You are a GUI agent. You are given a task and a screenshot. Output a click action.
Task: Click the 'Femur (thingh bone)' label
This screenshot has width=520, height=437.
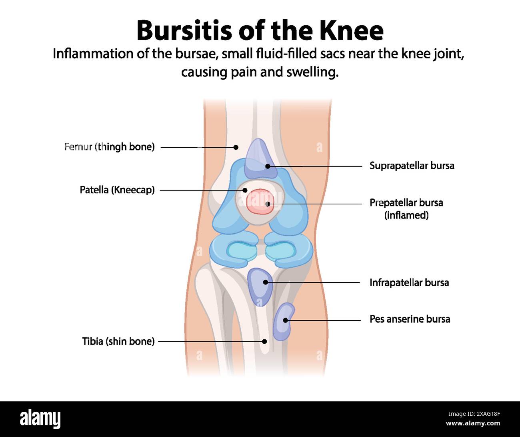coord(109,147)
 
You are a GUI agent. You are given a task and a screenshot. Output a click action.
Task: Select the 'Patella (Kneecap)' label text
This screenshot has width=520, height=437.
coord(117,190)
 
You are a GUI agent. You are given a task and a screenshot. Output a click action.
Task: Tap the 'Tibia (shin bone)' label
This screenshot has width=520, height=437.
coord(118,341)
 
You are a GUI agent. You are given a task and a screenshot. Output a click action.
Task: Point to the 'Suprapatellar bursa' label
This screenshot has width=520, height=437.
coord(412,166)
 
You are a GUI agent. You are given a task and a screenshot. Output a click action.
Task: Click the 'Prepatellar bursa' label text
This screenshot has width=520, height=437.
coord(406,202)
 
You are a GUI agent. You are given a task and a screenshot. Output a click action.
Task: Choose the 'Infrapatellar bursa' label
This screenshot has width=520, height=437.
coord(409,283)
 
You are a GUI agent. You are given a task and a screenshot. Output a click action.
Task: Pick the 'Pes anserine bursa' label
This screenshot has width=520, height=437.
coord(410,319)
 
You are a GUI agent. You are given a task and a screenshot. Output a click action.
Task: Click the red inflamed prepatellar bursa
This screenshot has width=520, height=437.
coord(259,201)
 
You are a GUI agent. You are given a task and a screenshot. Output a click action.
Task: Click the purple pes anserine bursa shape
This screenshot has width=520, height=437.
coord(283,321)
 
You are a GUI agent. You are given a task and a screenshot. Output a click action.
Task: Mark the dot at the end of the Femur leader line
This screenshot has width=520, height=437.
coord(236,147)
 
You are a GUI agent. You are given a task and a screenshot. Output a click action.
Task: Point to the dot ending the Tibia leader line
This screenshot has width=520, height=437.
coord(264,341)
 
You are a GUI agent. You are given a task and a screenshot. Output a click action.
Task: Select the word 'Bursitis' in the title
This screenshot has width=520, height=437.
coord(184,30)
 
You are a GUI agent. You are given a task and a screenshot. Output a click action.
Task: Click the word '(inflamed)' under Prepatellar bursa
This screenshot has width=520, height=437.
coord(406,215)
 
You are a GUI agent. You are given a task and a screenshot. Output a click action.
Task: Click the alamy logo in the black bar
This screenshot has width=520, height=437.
coord(40,419)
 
